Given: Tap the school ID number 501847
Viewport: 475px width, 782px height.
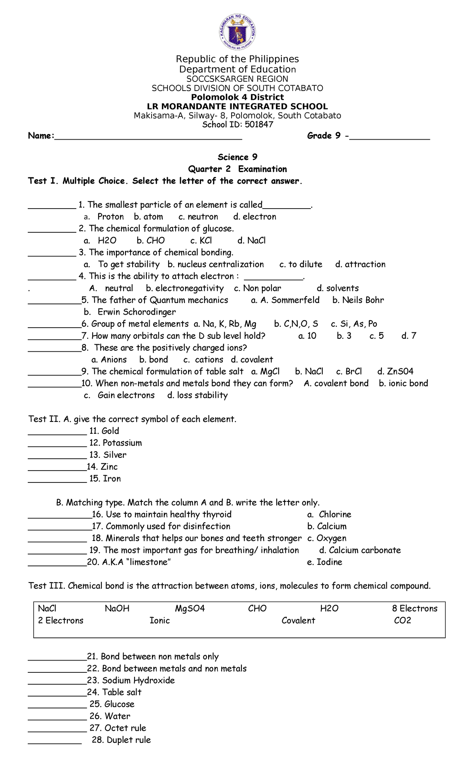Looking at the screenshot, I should [259, 125].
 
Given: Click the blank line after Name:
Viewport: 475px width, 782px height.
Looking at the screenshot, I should [148, 137].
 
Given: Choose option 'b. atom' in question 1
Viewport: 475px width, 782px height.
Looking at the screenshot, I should [148, 217].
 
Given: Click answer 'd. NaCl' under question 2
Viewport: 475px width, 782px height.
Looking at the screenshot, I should [251, 241].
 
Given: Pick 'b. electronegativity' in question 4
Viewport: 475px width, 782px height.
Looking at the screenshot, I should [184, 289].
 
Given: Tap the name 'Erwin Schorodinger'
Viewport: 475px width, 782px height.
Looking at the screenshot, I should [137, 312].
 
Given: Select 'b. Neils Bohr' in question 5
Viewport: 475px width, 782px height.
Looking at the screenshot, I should [358, 300].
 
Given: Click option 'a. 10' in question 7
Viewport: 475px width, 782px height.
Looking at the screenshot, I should [307, 336].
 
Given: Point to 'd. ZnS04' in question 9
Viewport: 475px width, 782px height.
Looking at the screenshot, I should [395, 372].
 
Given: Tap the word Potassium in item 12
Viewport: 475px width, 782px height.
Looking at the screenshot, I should [122, 443].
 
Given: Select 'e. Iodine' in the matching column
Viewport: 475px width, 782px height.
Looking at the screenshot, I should [325, 562].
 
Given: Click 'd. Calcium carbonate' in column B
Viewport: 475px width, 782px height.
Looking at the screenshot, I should [360, 550].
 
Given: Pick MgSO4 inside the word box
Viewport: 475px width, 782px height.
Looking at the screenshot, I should [190, 609].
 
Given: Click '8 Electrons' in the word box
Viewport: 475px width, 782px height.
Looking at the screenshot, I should [414, 609].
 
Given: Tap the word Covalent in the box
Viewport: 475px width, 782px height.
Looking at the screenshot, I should [298, 621].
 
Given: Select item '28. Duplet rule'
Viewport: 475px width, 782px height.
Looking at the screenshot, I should [121, 740].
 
